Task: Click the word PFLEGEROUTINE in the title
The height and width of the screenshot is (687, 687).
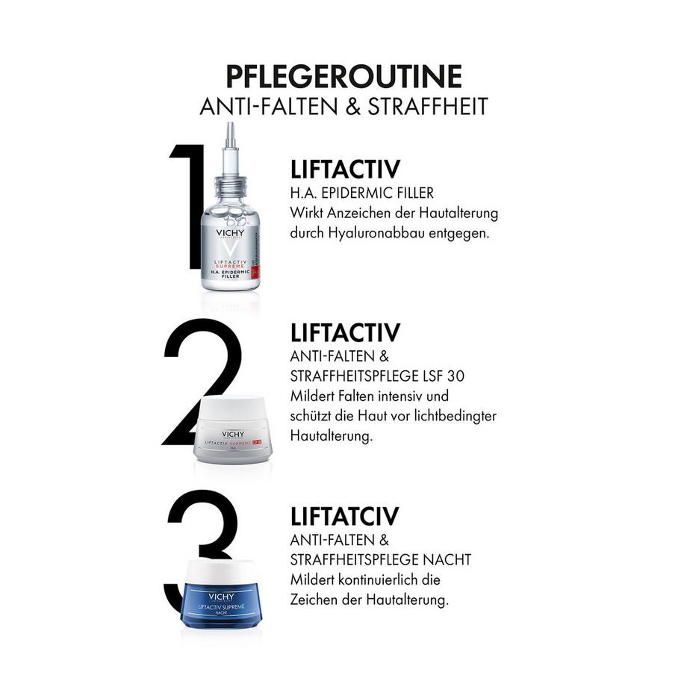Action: pyautogui.click(x=343, y=76)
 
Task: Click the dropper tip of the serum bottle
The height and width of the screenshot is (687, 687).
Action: pyautogui.click(x=231, y=138)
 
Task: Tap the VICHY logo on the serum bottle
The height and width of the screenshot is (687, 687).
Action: pyautogui.click(x=231, y=232)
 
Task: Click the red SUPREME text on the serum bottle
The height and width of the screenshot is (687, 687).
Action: pyautogui.click(x=230, y=265)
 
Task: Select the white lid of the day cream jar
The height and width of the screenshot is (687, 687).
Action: pyautogui.click(x=234, y=409)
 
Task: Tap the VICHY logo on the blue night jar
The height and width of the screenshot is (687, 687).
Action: pyautogui.click(x=221, y=597)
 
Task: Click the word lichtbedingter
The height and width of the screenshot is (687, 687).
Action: pyautogui.click(x=457, y=415)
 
